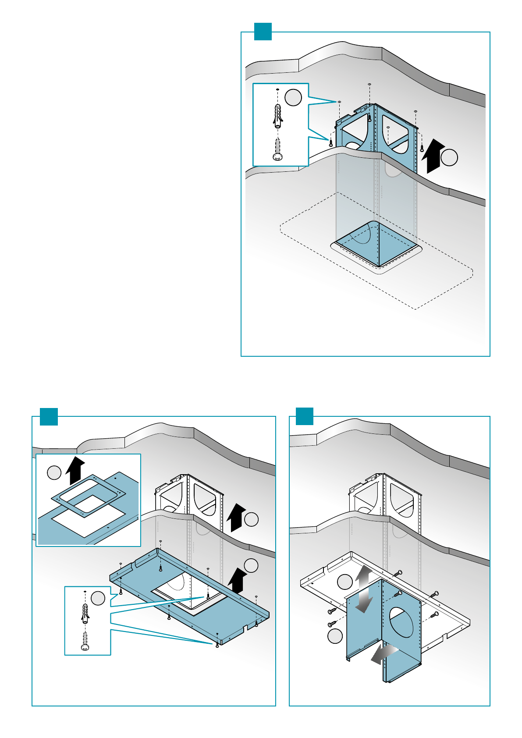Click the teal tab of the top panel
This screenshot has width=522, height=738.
(263, 32)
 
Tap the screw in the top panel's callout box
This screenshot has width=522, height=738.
(277, 150)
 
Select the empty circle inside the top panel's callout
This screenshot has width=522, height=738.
(293, 97)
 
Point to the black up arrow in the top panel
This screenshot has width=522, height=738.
(433, 156)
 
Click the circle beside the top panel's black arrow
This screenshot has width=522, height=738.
(449, 158)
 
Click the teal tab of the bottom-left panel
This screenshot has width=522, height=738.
(49, 416)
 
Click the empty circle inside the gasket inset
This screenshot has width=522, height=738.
(54, 472)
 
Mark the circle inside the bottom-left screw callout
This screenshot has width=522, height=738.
(98, 598)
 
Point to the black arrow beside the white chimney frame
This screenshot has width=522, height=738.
(237, 517)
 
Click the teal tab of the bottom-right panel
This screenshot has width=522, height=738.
(305, 416)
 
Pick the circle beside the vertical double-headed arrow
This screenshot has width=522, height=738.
(344, 582)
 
